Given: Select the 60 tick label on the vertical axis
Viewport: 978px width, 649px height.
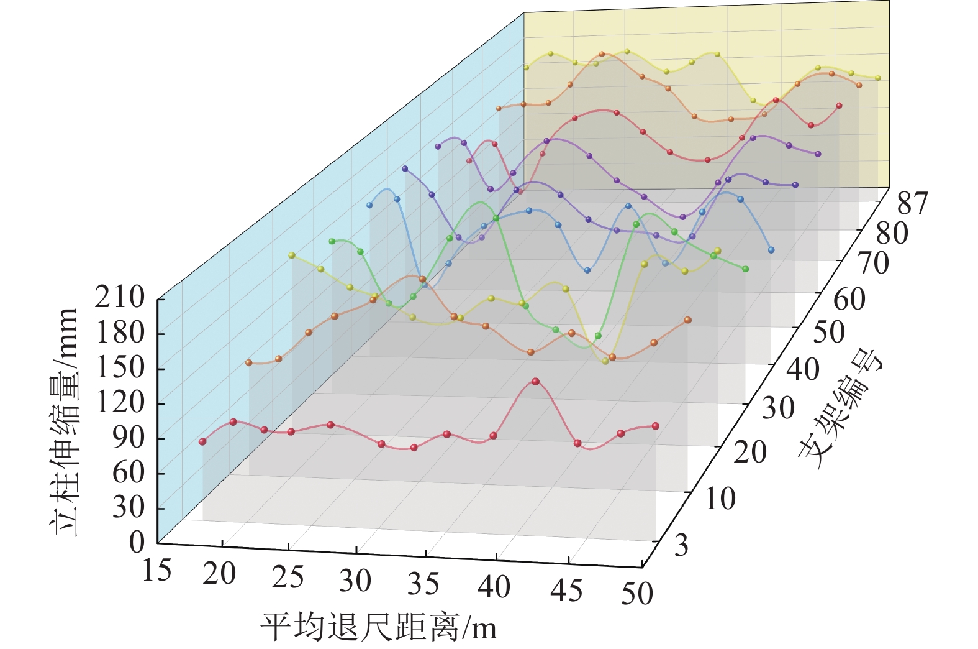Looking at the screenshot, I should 128,472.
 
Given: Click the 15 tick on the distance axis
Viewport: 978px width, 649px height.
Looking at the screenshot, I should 156,570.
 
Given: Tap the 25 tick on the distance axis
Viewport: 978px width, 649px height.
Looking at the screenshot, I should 288,577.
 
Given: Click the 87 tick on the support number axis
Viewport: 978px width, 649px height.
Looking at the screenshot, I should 912,203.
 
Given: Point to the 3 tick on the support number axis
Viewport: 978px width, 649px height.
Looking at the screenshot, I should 681,545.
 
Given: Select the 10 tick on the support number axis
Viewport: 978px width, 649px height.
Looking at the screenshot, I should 720,499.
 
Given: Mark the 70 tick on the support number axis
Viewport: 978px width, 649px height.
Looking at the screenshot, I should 872,264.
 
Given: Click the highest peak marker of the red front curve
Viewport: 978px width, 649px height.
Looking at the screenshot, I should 535,382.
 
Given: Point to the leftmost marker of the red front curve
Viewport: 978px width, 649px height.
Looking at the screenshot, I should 202,441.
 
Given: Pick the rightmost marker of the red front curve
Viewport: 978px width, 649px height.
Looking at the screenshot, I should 655,426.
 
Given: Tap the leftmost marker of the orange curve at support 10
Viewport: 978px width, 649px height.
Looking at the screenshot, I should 249,362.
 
